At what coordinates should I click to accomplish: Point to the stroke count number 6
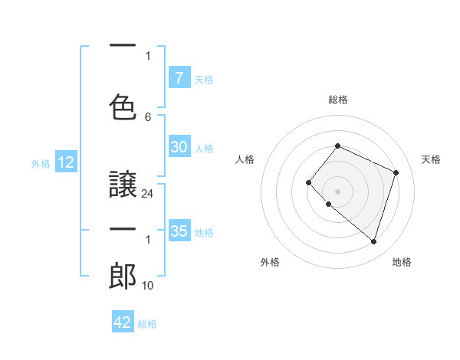pyautogui.click(x=148, y=117)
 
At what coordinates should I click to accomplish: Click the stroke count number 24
pyautogui.click(x=148, y=194)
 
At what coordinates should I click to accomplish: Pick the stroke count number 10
pyautogui.click(x=148, y=286)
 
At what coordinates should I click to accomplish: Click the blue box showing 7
pyautogui.click(x=179, y=78)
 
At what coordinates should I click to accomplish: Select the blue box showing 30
pyautogui.click(x=179, y=148)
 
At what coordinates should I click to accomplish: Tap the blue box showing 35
pyautogui.click(x=179, y=231)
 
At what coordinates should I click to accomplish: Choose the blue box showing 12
pyautogui.click(x=65, y=162)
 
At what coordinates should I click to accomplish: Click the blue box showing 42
pyautogui.click(x=122, y=322)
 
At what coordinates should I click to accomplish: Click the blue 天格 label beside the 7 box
pyautogui.click(x=204, y=79)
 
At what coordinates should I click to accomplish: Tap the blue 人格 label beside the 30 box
pyautogui.click(x=204, y=149)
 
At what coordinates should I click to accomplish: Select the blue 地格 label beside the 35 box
pyautogui.click(x=204, y=232)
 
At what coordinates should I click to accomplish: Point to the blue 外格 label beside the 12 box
pyautogui.click(x=40, y=163)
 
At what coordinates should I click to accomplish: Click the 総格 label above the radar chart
pyautogui.click(x=337, y=100)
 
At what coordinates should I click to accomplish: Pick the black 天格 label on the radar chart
pyautogui.click(x=431, y=159)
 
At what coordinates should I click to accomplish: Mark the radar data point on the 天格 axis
pyautogui.click(x=396, y=172)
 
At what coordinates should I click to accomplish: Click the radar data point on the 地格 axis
pyautogui.click(x=373, y=242)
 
